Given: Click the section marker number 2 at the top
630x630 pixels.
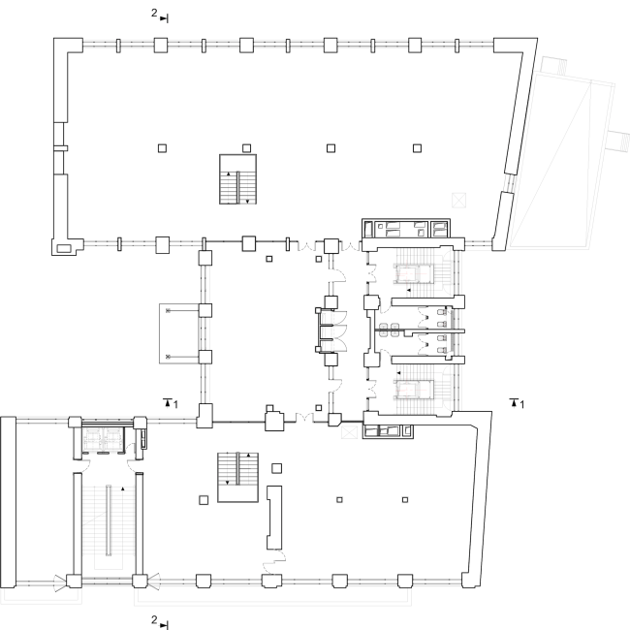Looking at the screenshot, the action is (154, 14).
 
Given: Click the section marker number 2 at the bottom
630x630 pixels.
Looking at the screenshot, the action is (154, 619).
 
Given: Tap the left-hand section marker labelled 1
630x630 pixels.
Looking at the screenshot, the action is (175, 404).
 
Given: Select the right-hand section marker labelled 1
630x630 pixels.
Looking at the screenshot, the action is (521, 404).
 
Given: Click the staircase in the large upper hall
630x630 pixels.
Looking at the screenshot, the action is (237, 179).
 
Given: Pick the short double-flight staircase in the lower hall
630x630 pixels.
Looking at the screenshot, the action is (237, 477).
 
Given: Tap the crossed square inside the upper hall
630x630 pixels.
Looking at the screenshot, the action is (458, 200).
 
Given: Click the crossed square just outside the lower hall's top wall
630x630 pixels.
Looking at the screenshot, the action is (349, 432).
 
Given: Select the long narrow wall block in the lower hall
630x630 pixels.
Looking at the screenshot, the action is (274, 518).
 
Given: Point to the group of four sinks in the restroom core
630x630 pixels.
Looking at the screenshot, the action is (389, 330).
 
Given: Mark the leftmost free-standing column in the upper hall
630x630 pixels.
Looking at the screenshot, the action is (162, 148).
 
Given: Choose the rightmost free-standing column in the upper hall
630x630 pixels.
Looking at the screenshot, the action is (417, 148).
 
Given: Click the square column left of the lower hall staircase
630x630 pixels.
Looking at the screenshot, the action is (204, 500).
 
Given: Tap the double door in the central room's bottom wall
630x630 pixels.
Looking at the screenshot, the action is (304, 418).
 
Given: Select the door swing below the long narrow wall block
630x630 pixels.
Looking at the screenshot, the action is (274, 561).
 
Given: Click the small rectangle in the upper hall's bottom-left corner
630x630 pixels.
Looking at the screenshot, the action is (63, 248).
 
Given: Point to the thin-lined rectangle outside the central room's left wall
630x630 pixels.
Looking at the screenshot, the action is (179, 333).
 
